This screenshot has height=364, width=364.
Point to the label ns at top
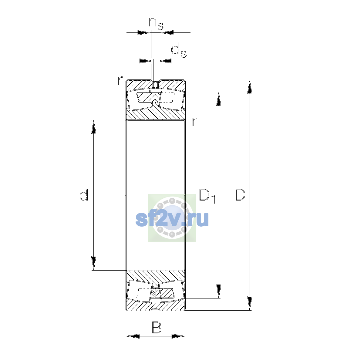tap(156, 24)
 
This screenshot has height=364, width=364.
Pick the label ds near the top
tap(179, 50)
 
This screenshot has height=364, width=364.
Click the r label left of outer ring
tap(120, 80)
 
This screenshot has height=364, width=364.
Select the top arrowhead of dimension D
tap(250, 87)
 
